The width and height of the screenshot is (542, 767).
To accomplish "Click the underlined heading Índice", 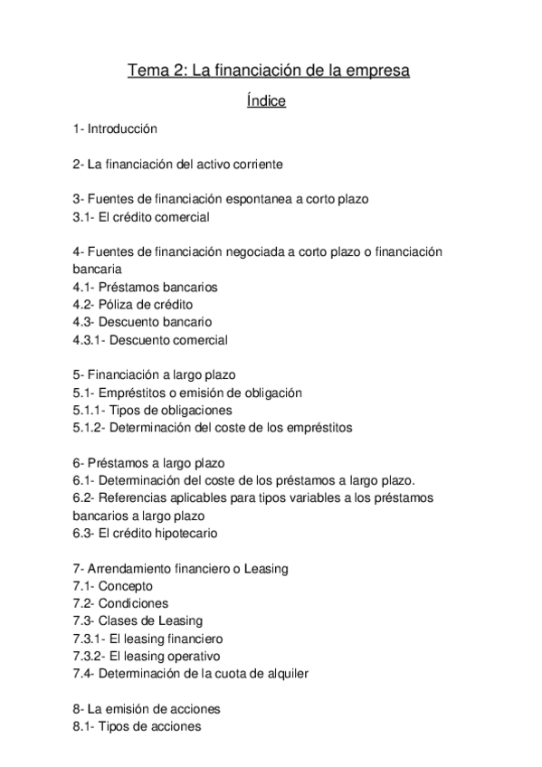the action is click(266, 101).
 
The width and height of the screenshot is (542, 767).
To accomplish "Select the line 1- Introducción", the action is click(115, 129).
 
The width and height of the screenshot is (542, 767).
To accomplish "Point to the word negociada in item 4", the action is click(281, 251).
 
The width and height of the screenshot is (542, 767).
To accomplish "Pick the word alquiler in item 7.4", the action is click(282, 674).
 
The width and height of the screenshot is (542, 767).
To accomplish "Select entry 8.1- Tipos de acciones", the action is click(137, 726).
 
